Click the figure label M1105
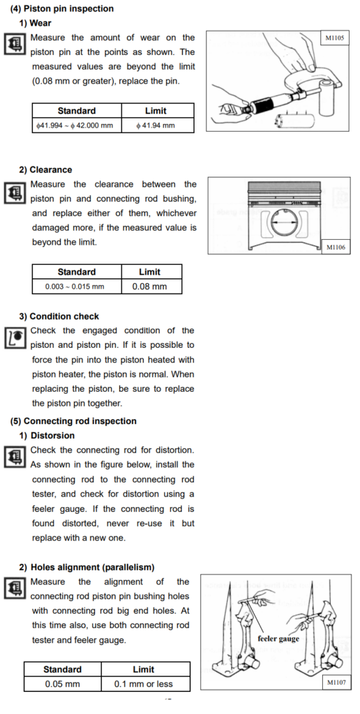click(x=334, y=39)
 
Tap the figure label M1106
click(x=336, y=248)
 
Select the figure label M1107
click(x=337, y=682)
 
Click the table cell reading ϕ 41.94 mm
click(x=158, y=126)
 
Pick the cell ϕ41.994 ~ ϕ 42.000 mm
click(x=77, y=126)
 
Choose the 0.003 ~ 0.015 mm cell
click(x=77, y=287)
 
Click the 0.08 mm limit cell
click(x=152, y=287)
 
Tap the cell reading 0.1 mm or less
click(x=145, y=684)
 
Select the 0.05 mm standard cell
click(x=62, y=684)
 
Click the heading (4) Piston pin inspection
click(x=62, y=8)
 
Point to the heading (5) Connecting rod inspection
click(x=73, y=421)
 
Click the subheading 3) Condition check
click(x=59, y=316)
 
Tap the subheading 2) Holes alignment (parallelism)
click(x=87, y=568)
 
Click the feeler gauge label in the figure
click(x=278, y=639)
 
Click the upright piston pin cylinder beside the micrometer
click(x=327, y=97)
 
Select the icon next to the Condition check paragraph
click(x=15, y=339)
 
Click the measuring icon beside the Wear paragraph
click(x=15, y=45)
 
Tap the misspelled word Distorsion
click(x=52, y=436)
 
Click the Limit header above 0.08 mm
click(x=152, y=272)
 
